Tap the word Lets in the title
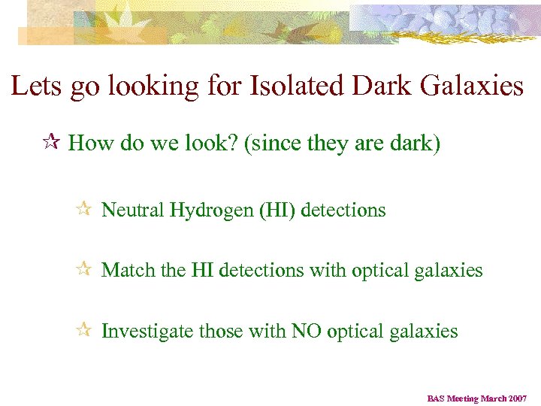click(36, 86)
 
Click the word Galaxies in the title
click(470, 86)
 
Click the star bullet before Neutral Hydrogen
click(85, 210)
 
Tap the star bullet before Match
click(85, 269)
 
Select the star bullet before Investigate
click(85, 330)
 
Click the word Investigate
click(147, 332)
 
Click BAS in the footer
click(437, 398)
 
